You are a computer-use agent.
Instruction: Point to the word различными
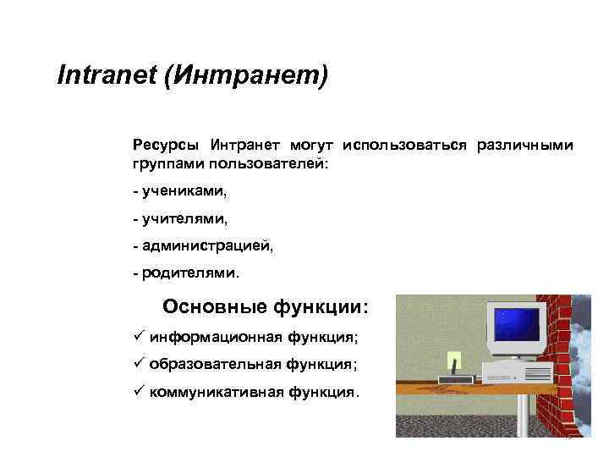pos(524,146)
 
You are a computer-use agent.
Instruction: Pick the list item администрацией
pos(206,247)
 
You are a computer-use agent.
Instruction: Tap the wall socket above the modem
pos(453,358)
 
